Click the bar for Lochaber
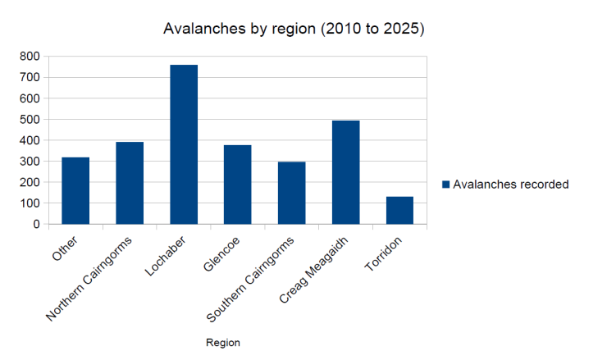pyautogui.click(x=184, y=144)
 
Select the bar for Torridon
pyautogui.click(x=399, y=211)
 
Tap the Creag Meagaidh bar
pyautogui.click(x=345, y=172)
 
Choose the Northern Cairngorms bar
pyautogui.click(x=130, y=183)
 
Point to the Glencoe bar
pyautogui.click(x=238, y=185)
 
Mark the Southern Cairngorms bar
pyautogui.click(x=291, y=193)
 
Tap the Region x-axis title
pyautogui.click(x=223, y=343)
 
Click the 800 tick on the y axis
pyautogui.click(x=30, y=57)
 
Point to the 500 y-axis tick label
pyautogui.click(x=30, y=120)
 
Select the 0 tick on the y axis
pyautogui.click(x=36, y=224)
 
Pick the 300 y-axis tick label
pyautogui.click(x=30, y=162)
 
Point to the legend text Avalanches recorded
pyautogui.click(x=511, y=185)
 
